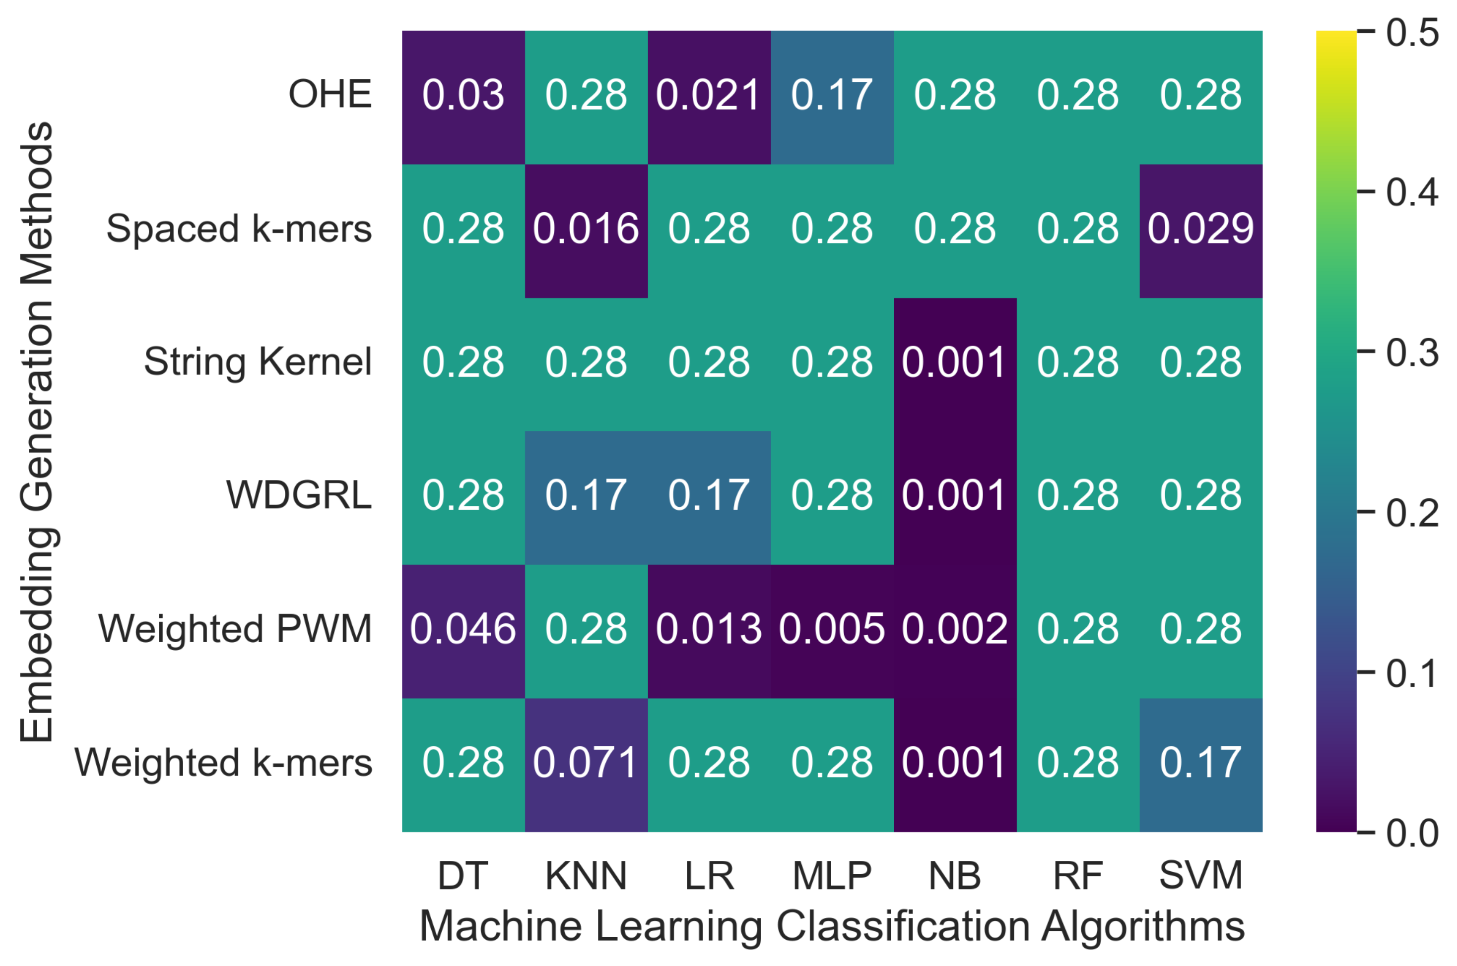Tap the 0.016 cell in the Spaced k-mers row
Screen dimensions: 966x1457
click(x=586, y=229)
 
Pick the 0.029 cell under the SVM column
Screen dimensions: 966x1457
click(x=1200, y=229)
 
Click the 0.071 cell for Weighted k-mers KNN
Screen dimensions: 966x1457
click(x=586, y=763)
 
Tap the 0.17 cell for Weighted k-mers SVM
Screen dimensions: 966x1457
click(x=1200, y=763)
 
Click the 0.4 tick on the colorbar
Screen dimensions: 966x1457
click(x=1412, y=192)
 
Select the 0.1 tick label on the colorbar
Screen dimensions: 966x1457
click(x=1412, y=673)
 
